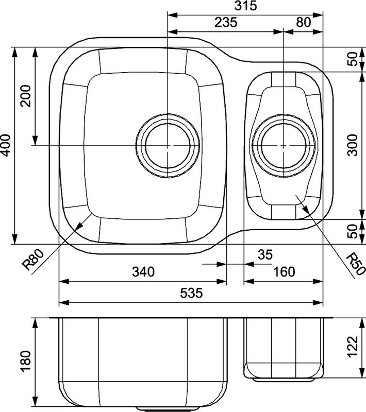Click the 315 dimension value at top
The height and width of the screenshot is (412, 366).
pyautogui.click(x=245, y=6)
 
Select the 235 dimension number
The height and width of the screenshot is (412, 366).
pyautogui.click(x=226, y=22)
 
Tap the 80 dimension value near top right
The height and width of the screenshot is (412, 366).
pyautogui.click(x=304, y=22)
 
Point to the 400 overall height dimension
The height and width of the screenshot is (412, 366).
pyautogui.click(x=6, y=145)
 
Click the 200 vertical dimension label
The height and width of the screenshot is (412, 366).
pyautogui.click(x=26, y=96)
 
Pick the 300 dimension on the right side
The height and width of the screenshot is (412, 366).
pyautogui.click(x=352, y=145)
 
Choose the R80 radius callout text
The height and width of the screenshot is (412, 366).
pyautogui.click(x=34, y=260)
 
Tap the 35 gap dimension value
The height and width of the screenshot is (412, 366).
pyautogui.click(x=265, y=254)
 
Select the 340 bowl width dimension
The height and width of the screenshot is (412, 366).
pyautogui.click(x=143, y=272)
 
